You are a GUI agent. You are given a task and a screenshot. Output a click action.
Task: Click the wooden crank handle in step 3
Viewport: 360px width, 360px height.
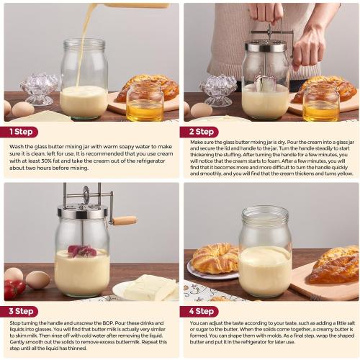(x=124, y=221)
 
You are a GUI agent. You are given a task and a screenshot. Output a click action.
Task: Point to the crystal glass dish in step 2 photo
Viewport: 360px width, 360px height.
(x=218, y=90)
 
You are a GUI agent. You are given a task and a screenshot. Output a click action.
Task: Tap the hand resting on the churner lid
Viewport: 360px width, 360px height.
(x=310, y=47)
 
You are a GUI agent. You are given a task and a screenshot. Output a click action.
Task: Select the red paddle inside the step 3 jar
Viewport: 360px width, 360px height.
(x=81, y=251)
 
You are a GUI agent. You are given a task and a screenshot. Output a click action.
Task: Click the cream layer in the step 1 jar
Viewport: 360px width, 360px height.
(x=84, y=101)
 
